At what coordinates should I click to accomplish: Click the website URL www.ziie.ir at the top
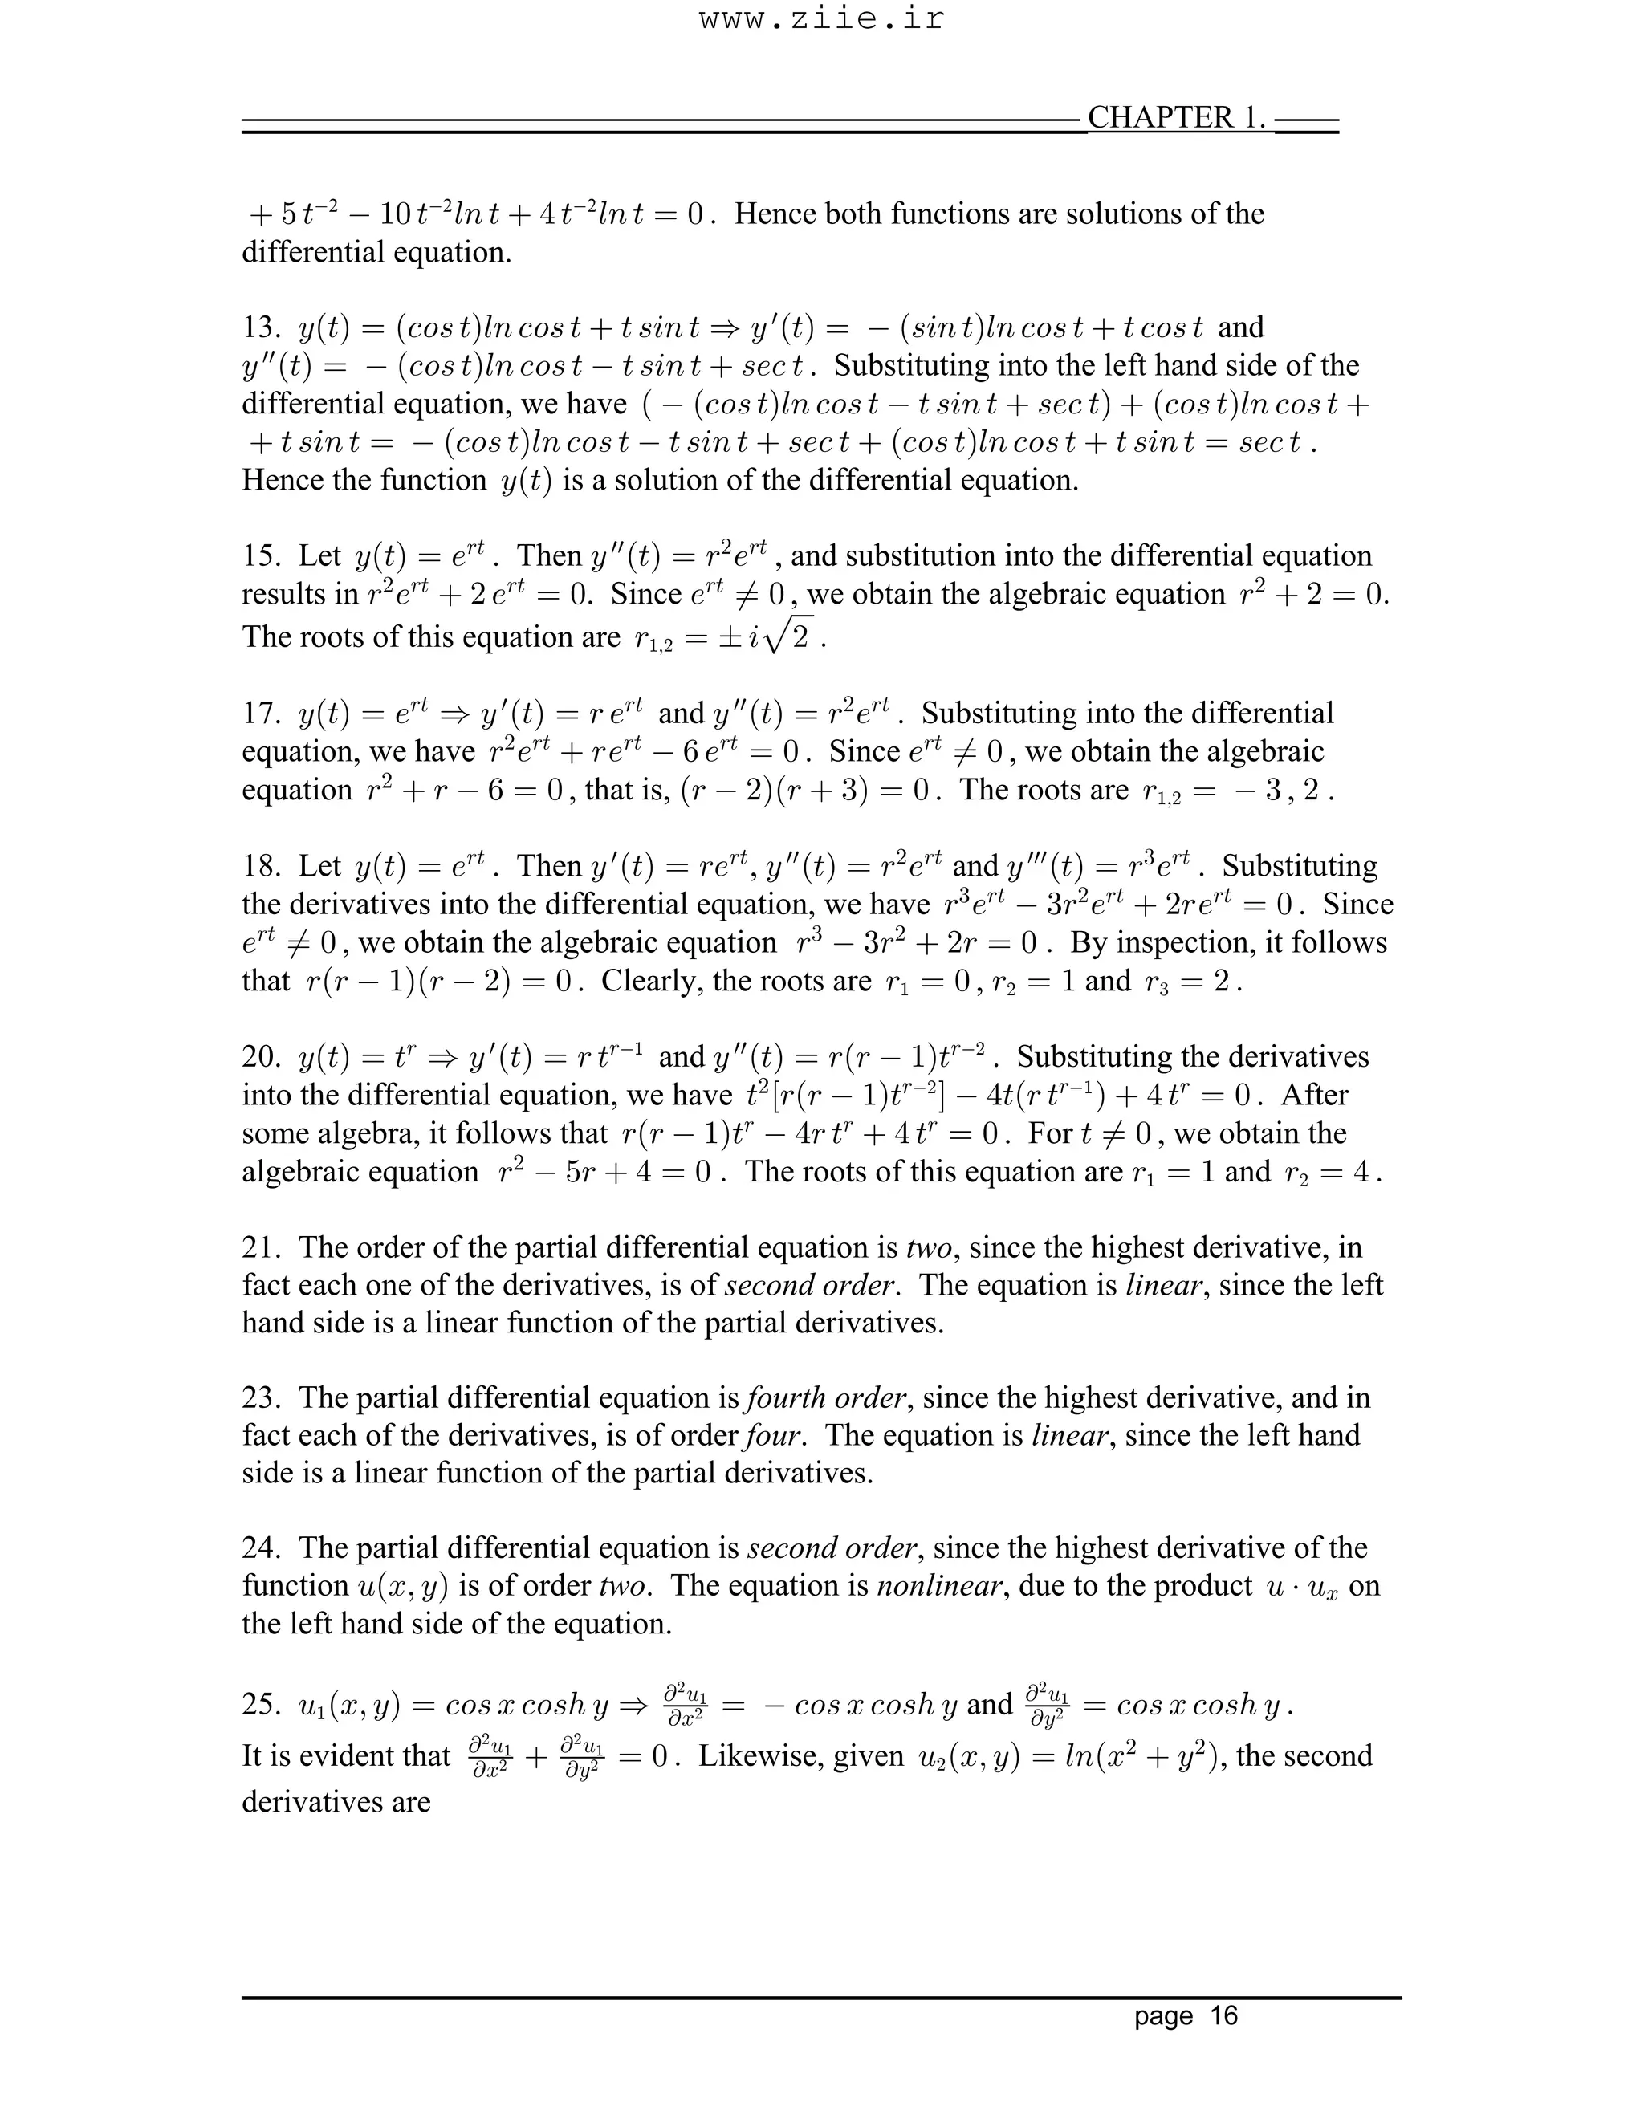(x=821, y=19)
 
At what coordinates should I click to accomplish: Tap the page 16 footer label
(x=1186, y=2015)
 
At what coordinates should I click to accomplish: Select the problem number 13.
(x=260, y=328)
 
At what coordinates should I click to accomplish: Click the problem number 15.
(x=260, y=557)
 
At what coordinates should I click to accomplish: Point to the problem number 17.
(x=260, y=714)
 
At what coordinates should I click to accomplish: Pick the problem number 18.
(x=260, y=867)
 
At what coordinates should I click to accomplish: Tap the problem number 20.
(x=260, y=1058)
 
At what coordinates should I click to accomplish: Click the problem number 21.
(x=260, y=1247)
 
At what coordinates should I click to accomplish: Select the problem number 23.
(x=260, y=1398)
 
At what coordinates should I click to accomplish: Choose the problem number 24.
(x=260, y=1548)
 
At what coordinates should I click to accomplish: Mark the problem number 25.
(x=260, y=1704)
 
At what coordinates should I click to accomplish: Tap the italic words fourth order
(x=828, y=1398)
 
